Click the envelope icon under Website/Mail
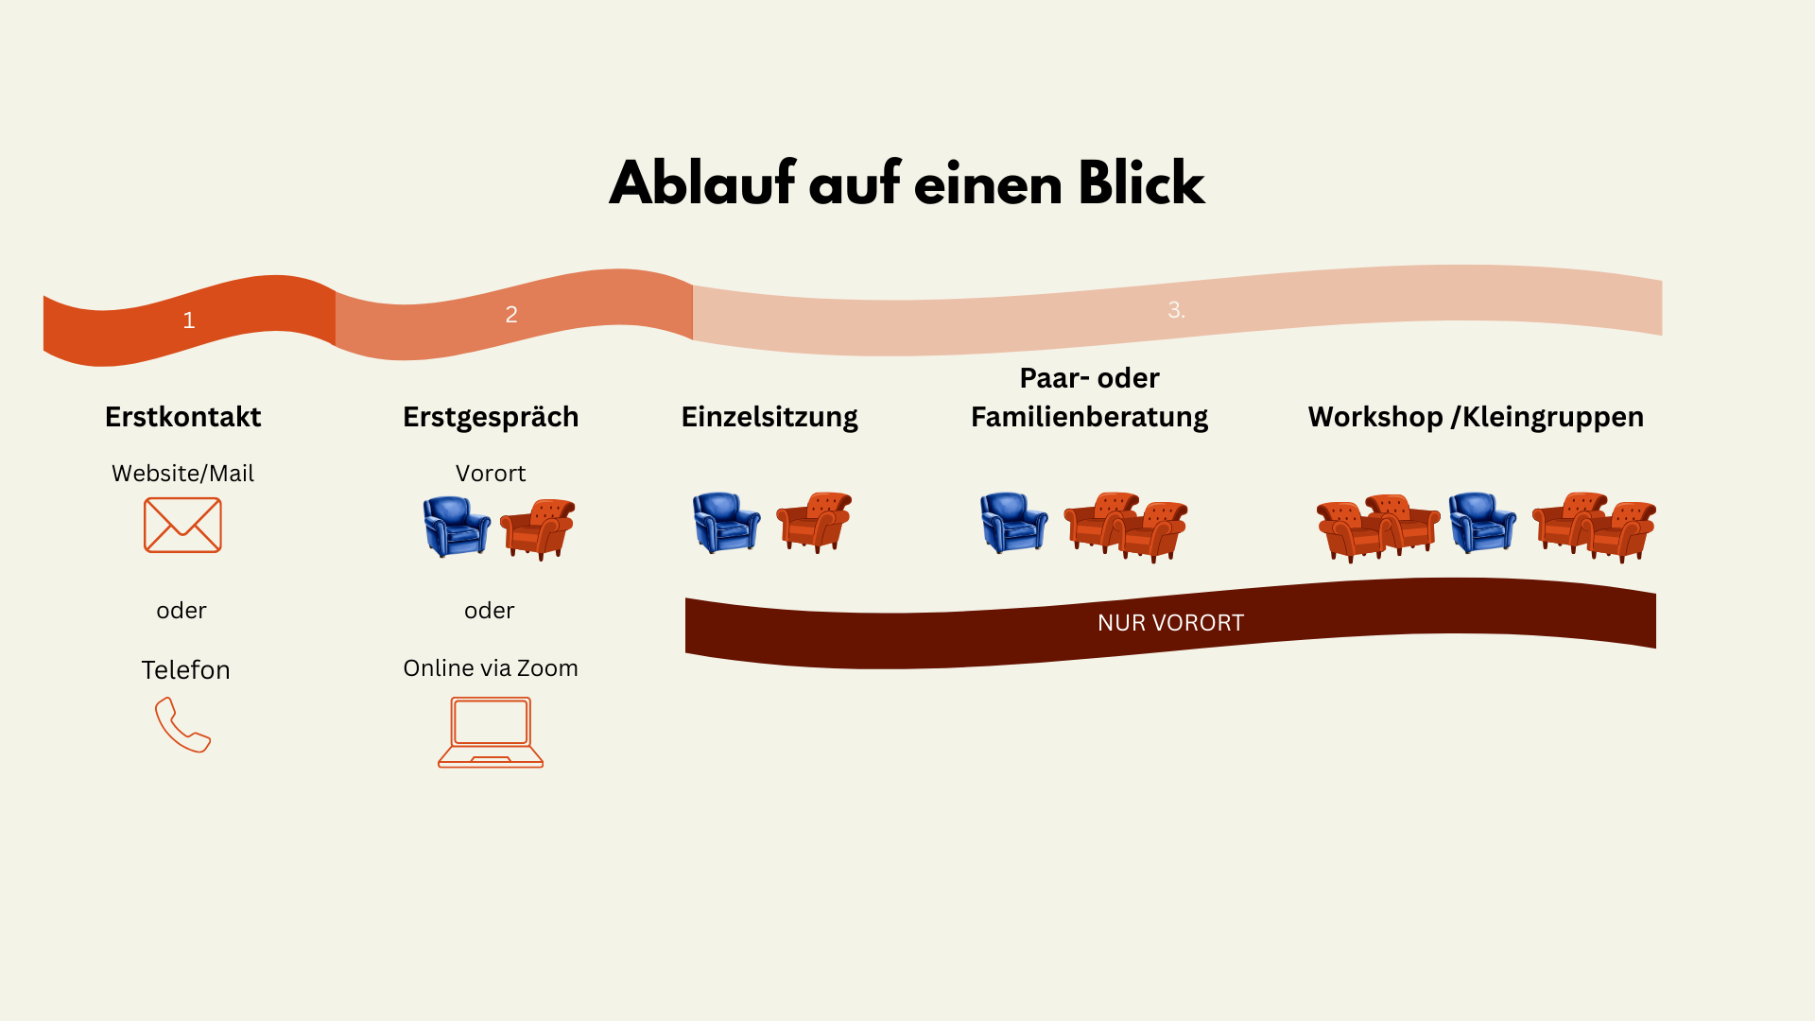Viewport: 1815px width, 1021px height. [182, 525]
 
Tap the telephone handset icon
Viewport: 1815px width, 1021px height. [182, 725]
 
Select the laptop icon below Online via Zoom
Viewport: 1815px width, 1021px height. [491, 732]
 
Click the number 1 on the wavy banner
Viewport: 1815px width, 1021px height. [189, 320]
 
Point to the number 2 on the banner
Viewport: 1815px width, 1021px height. [511, 314]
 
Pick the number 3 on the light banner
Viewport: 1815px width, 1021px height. [1176, 310]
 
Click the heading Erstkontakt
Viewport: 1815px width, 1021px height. [182, 417]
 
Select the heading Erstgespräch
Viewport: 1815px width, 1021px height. [491, 417]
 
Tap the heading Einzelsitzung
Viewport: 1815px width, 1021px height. [769, 417]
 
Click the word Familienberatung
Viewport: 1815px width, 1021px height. [1089, 417]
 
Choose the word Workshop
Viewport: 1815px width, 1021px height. [1374, 417]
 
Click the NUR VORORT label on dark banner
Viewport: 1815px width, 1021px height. [1170, 623]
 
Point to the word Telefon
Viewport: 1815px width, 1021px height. [185, 670]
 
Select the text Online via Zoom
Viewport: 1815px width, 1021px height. [491, 668]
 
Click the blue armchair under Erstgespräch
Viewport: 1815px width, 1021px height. [456, 527]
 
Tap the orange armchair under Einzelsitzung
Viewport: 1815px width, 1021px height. [814, 521]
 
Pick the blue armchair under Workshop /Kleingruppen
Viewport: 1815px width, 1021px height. [1481, 522]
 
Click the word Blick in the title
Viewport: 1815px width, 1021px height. [1141, 183]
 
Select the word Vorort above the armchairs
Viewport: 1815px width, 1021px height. [491, 474]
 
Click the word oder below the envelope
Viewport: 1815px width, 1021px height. [181, 611]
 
